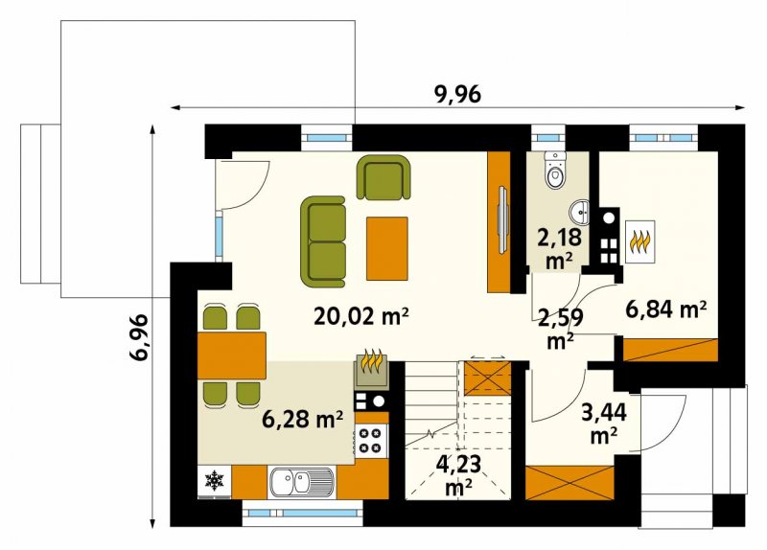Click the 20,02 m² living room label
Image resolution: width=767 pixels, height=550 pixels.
pos(361,316)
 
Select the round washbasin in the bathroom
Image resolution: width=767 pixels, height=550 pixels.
pos(581,212)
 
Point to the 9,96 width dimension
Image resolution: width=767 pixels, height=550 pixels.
pos(458,94)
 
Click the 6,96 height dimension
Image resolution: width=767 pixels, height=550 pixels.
pos(139,337)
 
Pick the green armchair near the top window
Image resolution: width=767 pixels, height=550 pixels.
pos(383,177)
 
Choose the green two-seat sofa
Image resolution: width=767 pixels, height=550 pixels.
pos(323,241)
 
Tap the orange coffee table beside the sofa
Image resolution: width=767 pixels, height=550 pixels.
pos(387,248)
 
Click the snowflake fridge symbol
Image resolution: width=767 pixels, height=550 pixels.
pos(214,481)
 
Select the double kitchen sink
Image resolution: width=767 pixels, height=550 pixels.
pos(301,482)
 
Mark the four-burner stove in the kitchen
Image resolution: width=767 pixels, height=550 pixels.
pos(370,440)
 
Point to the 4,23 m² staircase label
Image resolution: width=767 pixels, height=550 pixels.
pos(458,475)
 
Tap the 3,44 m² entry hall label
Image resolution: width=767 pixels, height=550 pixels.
pos(604,424)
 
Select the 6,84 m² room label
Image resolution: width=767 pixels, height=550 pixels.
pos(666,309)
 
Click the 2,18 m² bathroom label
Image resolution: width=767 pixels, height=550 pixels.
pos(559,249)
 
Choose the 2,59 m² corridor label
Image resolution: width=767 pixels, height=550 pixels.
pos(560,329)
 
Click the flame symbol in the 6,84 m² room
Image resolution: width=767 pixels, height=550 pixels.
pos(640,241)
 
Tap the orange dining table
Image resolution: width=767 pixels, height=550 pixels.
pos(232,355)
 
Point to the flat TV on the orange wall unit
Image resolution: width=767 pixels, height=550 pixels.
pos(502,219)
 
